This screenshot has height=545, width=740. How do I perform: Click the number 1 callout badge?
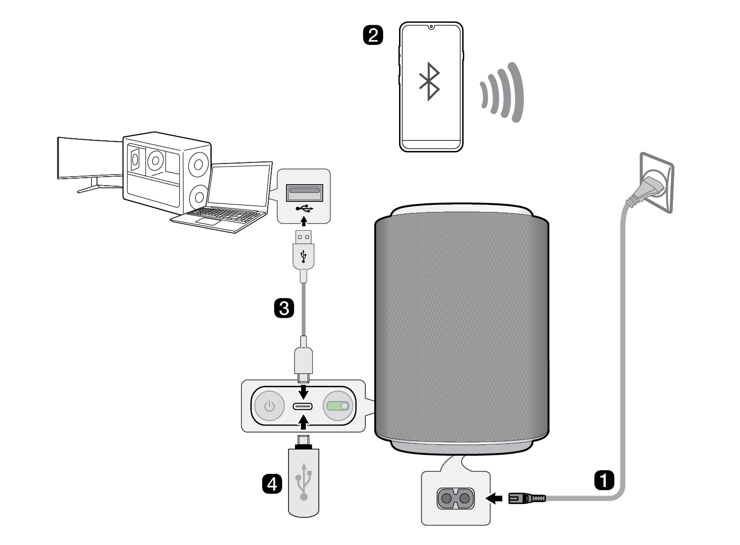[604, 480]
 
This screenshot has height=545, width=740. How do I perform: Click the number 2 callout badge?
[373, 35]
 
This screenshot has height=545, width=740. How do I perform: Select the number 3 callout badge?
[284, 307]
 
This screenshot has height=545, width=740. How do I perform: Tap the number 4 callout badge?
[272, 484]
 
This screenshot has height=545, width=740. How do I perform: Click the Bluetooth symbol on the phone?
[429, 81]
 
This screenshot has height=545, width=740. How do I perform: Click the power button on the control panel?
[270, 406]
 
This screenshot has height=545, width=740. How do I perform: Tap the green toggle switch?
[337, 406]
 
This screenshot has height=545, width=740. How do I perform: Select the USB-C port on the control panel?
[303, 407]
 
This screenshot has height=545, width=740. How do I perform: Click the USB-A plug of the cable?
[303, 250]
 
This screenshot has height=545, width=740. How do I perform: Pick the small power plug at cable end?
[520, 499]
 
